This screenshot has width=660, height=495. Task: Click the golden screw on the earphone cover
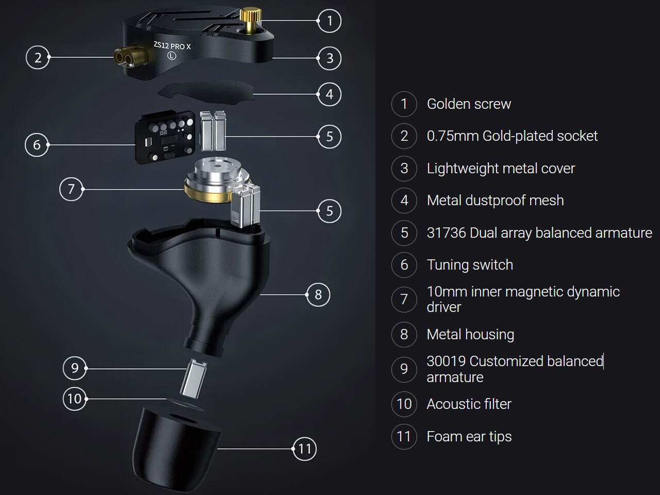[251, 21]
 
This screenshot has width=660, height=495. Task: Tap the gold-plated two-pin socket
[131, 57]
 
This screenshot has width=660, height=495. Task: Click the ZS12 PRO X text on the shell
[172, 45]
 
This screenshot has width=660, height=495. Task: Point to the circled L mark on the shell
[171, 56]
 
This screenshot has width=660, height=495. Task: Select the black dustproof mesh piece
[206, 91]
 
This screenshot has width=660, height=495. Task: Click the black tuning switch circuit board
[166, 137]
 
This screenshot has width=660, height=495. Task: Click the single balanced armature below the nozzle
[194, 378]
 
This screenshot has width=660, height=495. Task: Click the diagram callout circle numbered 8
[318, 294]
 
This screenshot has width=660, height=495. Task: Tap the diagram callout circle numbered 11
[304, 449]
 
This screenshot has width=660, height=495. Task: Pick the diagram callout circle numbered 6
[37, 145]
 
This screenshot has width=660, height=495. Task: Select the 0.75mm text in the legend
[453, 136]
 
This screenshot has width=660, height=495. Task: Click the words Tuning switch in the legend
[470, 265]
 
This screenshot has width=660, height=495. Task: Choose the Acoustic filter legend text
[469, 404]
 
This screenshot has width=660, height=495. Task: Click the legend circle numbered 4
[404, 201]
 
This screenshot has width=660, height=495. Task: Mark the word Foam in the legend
[444, 436]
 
